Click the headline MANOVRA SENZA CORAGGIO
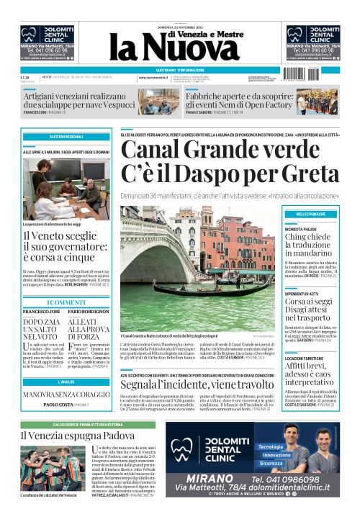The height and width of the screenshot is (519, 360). tap(66, 394)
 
